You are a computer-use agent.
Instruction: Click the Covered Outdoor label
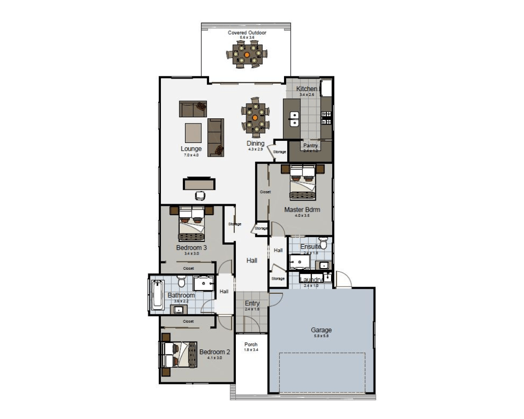[247, 32]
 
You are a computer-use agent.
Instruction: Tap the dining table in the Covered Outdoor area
[247, 54]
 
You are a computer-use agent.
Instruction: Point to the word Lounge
[191, 149]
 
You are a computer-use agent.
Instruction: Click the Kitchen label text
[307, 89]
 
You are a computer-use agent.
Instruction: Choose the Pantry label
[310, 146]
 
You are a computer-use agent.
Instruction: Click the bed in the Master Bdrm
[303, 182]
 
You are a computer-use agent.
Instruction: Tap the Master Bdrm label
[302, 210]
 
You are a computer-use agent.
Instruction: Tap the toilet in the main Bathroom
[181, 283]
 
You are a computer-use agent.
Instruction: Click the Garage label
[321, 330]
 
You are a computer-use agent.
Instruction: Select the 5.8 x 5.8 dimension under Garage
[321, 336]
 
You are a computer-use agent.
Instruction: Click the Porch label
[251, 344]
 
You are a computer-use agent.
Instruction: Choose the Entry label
[252, 304]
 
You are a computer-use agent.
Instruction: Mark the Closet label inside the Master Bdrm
[265, 192]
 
